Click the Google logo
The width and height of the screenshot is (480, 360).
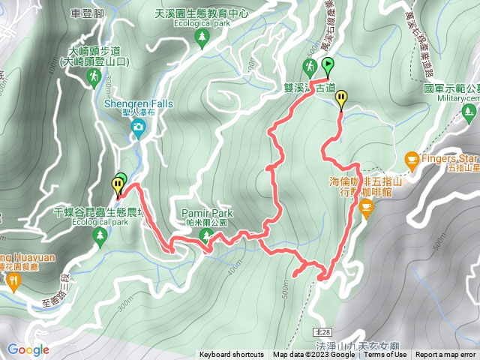28,349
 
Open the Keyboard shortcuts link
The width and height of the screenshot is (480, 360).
231,355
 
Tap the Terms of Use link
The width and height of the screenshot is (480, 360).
386,355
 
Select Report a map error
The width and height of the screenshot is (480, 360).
445,355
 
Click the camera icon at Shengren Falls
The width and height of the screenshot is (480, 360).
138,128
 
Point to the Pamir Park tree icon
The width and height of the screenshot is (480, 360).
205,236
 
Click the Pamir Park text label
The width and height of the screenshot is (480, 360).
205,213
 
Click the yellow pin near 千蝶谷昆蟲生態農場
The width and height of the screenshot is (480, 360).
118,184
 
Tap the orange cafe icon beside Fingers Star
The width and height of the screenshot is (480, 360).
411,159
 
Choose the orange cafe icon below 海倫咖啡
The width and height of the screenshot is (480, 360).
366,208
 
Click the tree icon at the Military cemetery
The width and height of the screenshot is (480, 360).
470,113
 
